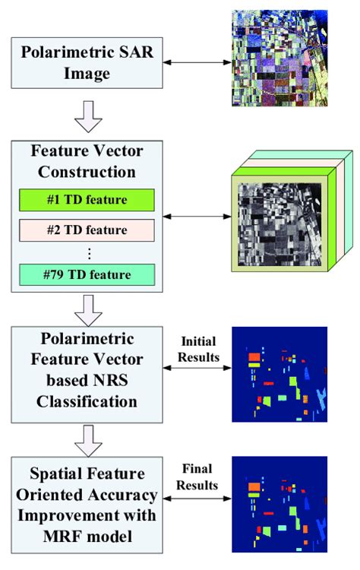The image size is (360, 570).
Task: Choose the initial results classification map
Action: pos(279,374)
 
